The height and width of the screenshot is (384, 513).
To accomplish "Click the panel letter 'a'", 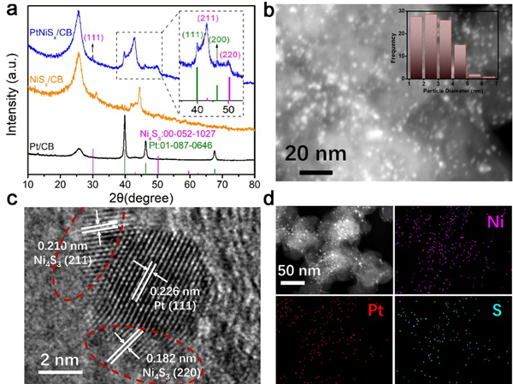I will coord(10,9).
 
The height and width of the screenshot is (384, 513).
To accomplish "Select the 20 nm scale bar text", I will coord(317,154).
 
